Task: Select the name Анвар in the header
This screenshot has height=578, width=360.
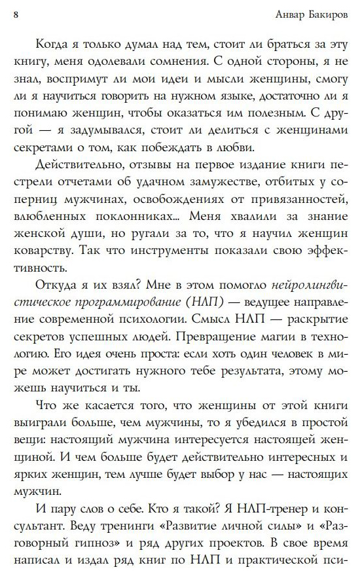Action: pos(281,12)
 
